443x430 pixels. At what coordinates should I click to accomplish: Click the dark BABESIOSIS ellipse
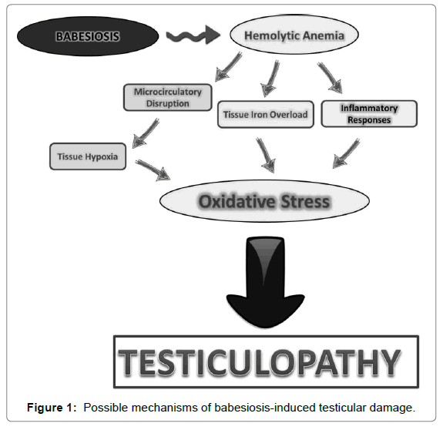(88, 36)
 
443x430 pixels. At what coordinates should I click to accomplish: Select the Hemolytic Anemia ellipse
(294, 35)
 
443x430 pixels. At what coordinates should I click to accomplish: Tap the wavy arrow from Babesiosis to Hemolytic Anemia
(193, 35)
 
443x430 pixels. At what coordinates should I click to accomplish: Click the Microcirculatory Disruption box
(167, 97)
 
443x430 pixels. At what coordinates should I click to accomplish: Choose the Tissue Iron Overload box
(266, 114)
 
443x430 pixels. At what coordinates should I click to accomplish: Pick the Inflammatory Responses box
(369, 113)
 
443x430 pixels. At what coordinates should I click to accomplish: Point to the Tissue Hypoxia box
(88, 156)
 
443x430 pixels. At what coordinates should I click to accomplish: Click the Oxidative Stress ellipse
(264, 201)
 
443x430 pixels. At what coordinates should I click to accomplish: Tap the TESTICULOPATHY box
(266, 362)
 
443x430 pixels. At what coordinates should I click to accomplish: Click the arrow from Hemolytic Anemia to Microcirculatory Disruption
(228, 67)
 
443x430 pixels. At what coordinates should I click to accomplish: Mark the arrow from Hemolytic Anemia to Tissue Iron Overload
(270, 79)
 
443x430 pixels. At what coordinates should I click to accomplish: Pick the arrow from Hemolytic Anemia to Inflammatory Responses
(330, 78)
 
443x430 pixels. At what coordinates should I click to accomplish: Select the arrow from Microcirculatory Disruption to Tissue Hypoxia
(146, 133)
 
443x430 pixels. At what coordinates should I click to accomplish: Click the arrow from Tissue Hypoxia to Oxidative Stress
(153, 170)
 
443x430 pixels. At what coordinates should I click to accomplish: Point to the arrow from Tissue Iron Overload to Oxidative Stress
(266, 155)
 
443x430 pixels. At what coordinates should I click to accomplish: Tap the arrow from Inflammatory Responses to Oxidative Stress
(347, 153)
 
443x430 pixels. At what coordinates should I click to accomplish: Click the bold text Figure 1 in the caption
(52, 408)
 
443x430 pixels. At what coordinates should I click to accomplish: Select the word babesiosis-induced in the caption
(265, 408)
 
